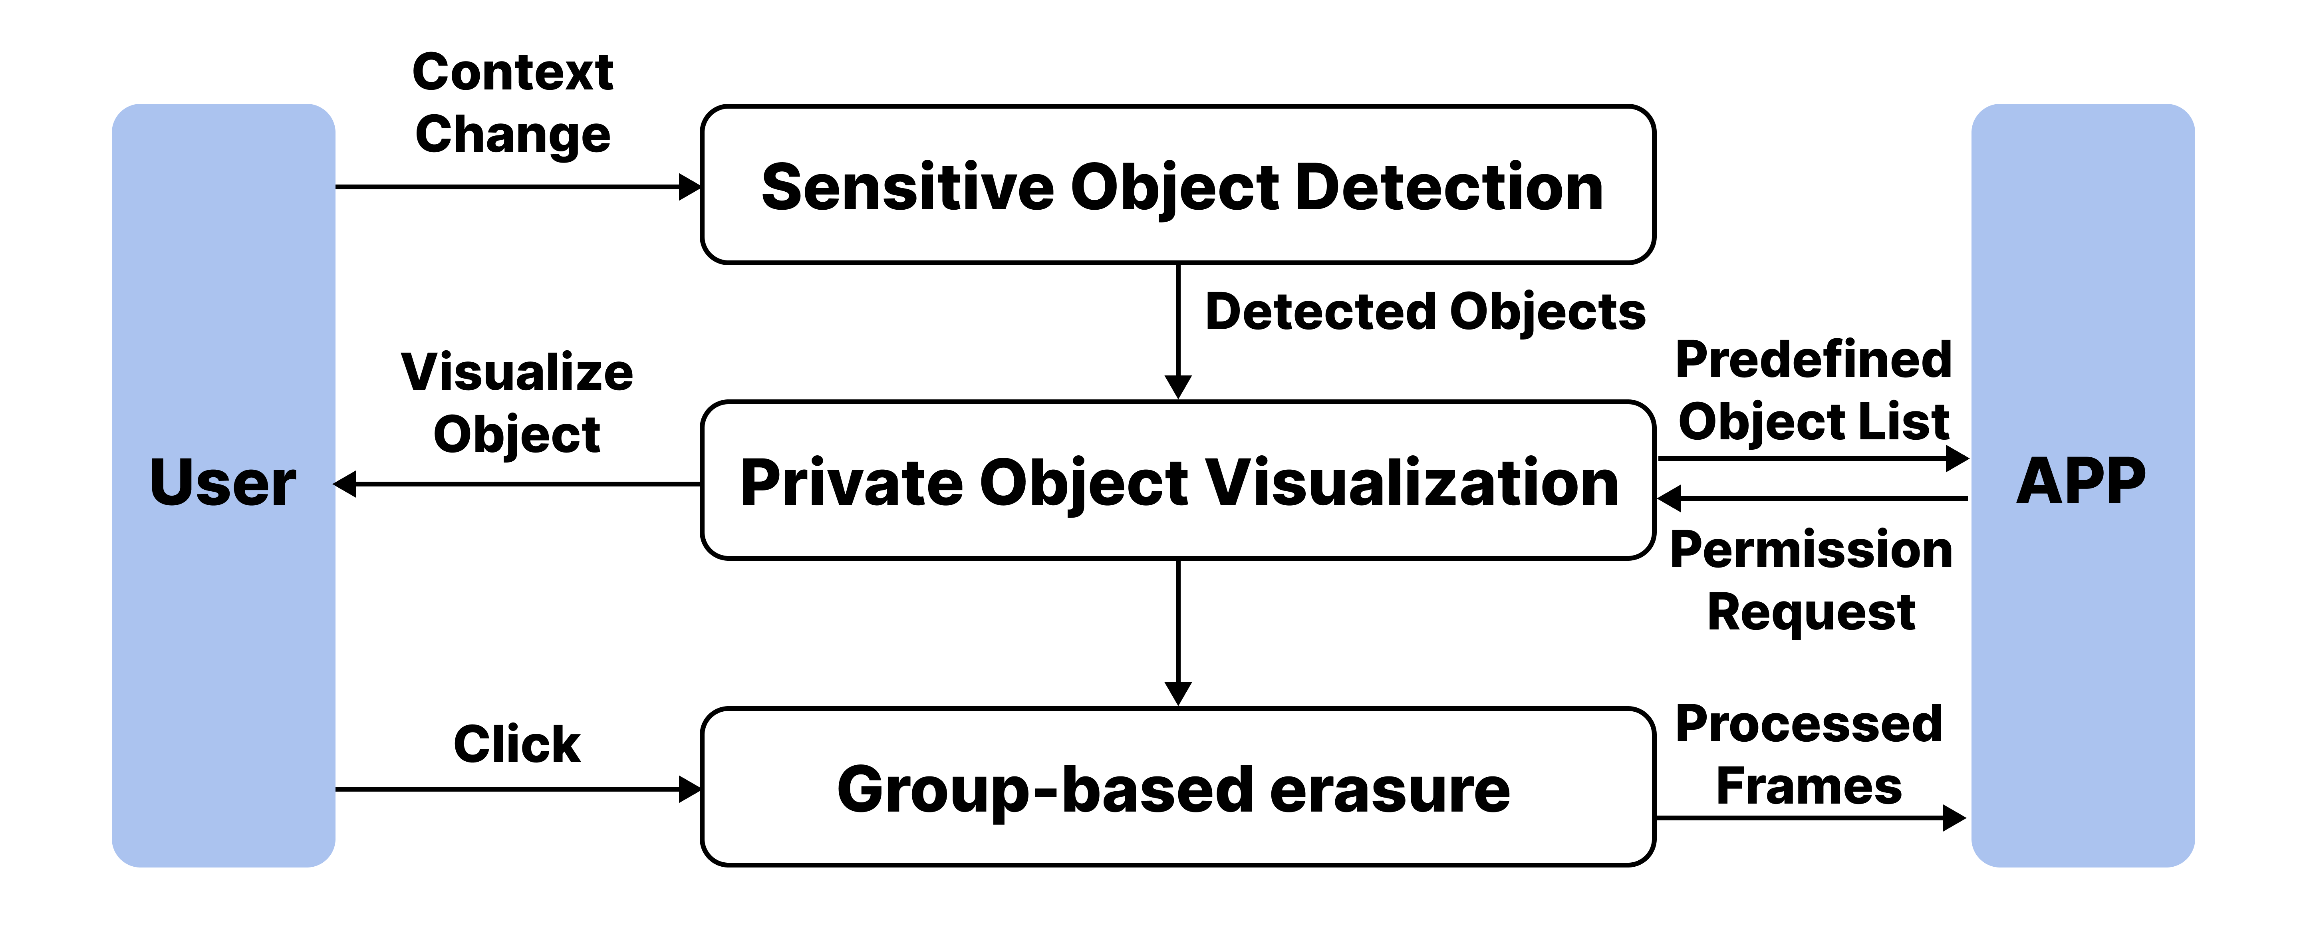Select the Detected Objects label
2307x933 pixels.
pyautogui.click(x=1425, y=312)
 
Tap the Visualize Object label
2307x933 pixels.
pyautogui.click(x=517, y=403)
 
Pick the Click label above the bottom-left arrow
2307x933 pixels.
pyautogui.click(x=517, y=744)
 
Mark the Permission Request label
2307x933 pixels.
pyautogui.click(x=1811, y=580)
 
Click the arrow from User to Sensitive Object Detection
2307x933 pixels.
pyautogui.click(x=517, y=187)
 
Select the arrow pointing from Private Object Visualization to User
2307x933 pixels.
pyautogui.click(x=517, y=484)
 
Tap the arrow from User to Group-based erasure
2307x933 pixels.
pyautogui.click(x=517, y=789)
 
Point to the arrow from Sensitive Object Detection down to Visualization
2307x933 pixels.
pyautogui.click(x=1178, y=331)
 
